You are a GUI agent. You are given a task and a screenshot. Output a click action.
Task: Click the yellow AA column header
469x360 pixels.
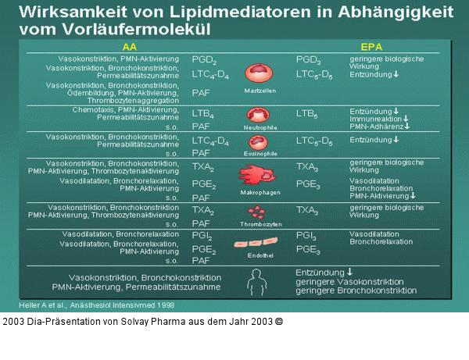pyautogui.click(x=130, y=47)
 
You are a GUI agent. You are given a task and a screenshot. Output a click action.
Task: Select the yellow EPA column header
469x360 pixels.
pyautogui.click(x=371, y=47)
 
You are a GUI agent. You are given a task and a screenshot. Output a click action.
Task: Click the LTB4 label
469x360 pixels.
pyautogui.click(x=203, y=114)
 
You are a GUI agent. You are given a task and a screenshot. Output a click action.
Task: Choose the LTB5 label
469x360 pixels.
pyautogui.click(x=306, y=114)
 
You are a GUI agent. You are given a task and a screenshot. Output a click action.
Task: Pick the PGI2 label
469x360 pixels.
pyautogui.click(x=202, y=235)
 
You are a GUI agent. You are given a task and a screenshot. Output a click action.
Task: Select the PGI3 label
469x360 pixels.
pyautogui.click(x=306, y=235)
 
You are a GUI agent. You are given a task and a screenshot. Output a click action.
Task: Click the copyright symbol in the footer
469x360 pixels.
pyautogui.click(x=278, y=321)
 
